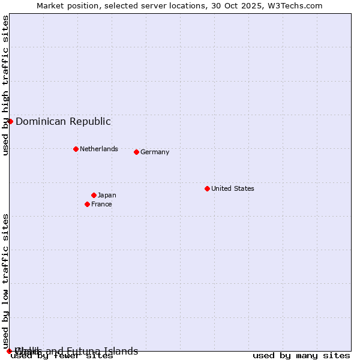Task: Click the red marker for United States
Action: point(207,188)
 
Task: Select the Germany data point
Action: point(136,152)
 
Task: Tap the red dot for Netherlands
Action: point(76,149)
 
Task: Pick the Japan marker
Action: point(94,195)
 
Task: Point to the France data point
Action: point(87,204)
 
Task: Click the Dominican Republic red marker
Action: point(10,121)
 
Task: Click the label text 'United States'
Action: point(232,188)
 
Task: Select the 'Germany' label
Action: point(155,152)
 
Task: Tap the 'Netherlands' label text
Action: point(98,149)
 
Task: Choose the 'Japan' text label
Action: point(107,195)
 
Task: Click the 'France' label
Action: point(101,204)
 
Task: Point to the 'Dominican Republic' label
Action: point(63,121)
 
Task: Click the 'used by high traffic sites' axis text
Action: point(5,85)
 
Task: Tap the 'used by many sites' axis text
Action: point(301,356)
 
